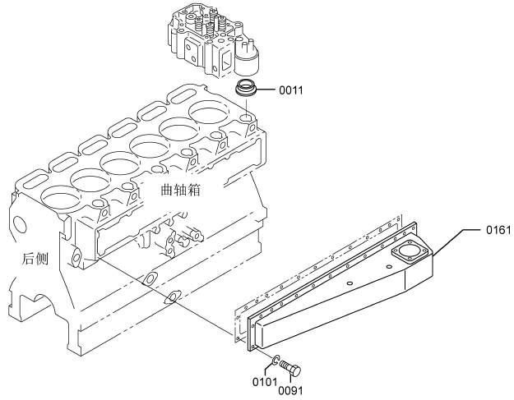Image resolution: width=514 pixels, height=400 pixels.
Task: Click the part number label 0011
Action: click(x=291, y=90)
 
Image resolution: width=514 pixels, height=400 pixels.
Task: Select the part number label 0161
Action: click(x=498, y=230)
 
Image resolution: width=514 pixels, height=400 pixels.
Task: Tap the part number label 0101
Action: click(x=265, y=382)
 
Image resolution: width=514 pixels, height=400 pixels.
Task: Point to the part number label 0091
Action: click(x=291, y=390)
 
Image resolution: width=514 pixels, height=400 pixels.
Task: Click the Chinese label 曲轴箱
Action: click(x=181, y=190)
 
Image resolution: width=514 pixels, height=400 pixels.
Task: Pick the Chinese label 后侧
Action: click(x=35, y=259)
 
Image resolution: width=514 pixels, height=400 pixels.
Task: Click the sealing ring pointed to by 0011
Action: click(x=247, y=88)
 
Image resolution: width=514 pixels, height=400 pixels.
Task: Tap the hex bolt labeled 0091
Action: click(x=290, y=369)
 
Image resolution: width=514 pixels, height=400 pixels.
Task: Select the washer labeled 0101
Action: click(x=276, y=360)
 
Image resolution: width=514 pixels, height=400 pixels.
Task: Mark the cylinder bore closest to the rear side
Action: click(x=61, y=197)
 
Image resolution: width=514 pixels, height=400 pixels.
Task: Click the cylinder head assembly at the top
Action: click(x=213, y=39)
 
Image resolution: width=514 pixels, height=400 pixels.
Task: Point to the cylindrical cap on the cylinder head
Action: click(x=248, y=59)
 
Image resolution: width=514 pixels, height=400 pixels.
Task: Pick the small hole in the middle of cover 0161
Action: click(x=350, y=283)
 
